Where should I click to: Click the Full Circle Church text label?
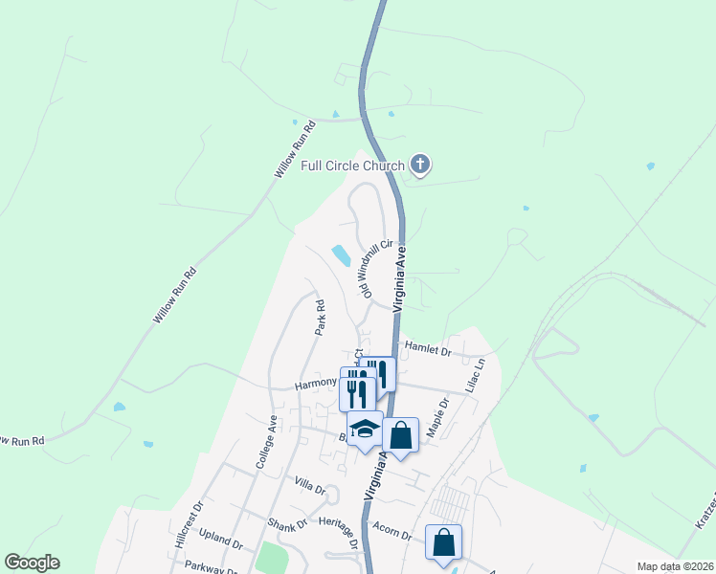(352, 166)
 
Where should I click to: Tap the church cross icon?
(419, 166)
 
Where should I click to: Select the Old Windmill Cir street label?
(377, 268)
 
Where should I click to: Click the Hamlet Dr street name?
(427, 350)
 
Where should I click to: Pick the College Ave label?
(266, 442)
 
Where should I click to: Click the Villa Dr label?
(310, 487)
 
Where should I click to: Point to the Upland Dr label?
(223, 541)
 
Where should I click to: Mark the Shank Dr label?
(286, 523)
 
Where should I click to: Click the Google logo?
(32, 563)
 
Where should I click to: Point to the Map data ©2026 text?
(674, 566)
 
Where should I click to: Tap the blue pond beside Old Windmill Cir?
(340, 255)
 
